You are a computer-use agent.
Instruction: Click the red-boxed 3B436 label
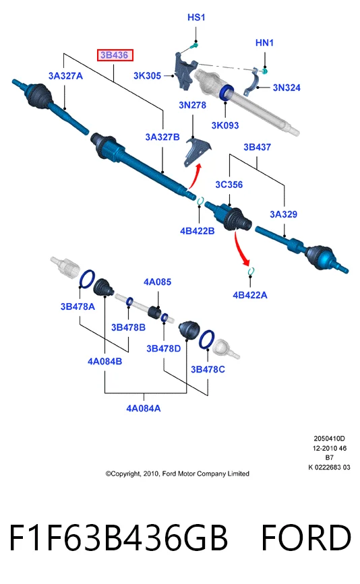115,55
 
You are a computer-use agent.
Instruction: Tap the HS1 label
196,17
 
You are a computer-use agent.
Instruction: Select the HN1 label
264,43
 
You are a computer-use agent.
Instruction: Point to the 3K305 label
147,75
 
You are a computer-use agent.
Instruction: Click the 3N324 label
287,88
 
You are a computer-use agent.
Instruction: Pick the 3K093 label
225,125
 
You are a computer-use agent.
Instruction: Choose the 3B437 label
257,147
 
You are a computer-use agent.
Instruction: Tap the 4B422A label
250,295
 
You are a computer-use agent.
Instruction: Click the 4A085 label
157,282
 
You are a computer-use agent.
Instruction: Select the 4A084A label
144,409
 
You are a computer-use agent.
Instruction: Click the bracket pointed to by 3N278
198,152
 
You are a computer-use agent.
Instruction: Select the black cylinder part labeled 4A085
154,312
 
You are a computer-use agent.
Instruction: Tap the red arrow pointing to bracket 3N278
196,176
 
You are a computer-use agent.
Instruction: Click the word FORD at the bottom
306,538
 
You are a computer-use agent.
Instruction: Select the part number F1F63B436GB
118,538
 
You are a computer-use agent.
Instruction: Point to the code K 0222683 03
330,467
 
